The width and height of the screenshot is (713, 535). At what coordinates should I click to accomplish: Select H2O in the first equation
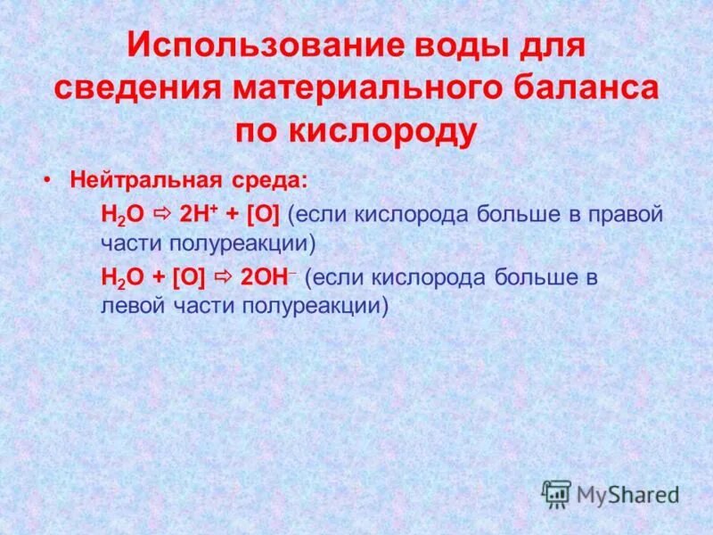coord(118,216)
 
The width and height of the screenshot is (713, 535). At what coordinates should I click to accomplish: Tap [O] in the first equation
coord(263,216)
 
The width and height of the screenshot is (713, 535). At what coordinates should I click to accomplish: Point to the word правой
coord(628,216)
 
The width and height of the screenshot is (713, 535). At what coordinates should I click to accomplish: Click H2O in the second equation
coord(118,278)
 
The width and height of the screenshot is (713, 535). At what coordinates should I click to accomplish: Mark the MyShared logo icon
coord(556,494)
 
